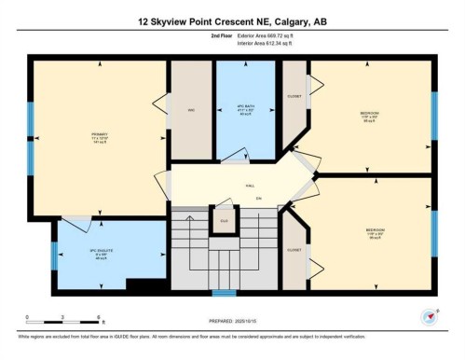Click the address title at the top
click(x=232, y=21)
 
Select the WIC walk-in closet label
click(x=190, y=110)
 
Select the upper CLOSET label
click(x=294, y=97)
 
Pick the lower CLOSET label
click(x=294, y=250)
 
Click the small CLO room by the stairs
click(x=223, y=220)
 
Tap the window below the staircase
click(x=223, y=292)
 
